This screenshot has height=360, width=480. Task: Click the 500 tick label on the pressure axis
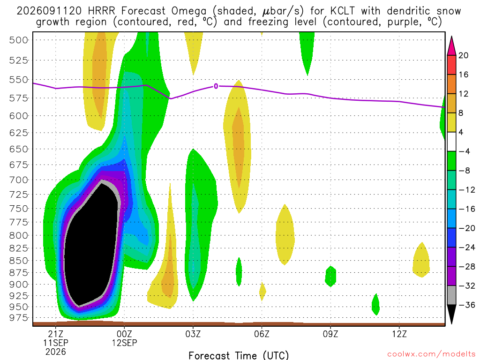point(18,40)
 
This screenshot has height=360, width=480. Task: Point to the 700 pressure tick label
point(18,180)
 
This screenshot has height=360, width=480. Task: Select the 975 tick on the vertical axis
point(18,318)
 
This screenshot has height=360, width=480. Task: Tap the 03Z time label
point(193,334)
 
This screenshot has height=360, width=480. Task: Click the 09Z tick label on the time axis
point(330,334)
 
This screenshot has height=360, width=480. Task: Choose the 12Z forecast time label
point(399,334)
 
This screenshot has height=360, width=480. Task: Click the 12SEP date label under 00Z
point(124,343)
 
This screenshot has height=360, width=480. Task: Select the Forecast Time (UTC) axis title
point(239,355)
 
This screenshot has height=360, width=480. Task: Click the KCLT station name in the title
point(343,11)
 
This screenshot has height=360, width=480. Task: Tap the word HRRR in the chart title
point(101,11)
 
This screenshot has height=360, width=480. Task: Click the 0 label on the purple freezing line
point(216,86)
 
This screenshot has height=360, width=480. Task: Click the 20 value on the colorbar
point(463,55)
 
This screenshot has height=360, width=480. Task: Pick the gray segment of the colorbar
point(451,295)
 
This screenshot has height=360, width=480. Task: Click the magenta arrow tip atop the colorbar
point(451,37)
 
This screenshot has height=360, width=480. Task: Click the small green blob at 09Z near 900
point(330,276)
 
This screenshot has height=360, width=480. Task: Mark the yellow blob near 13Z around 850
point(421,260)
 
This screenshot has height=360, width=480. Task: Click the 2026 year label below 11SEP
point(55,352)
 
